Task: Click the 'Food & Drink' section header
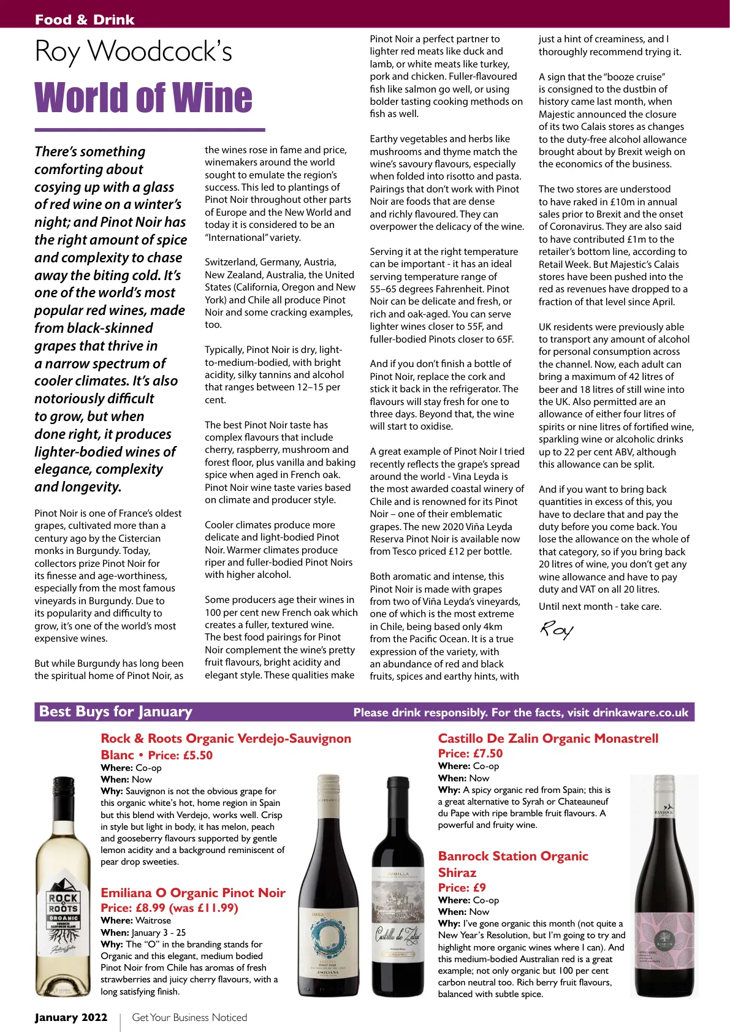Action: click(85, 20)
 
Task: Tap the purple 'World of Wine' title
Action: click(143, 98)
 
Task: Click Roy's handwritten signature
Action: click(556, 630)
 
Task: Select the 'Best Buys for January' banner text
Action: click(116, 711)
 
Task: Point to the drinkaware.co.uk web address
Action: click(641, 712)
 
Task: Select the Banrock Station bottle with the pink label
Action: click(664, 889)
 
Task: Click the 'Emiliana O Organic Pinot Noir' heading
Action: click(193, 893)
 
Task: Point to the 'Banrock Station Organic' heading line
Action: click(513, 856)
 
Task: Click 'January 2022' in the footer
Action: click(71, 1017)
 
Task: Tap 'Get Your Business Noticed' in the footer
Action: click(189, 1017)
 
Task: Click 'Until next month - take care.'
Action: click(600, 607)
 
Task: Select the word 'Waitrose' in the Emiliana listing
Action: click(153, 920)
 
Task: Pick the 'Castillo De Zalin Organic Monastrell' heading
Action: click(548, 738)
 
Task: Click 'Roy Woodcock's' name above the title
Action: click(134, 51)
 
